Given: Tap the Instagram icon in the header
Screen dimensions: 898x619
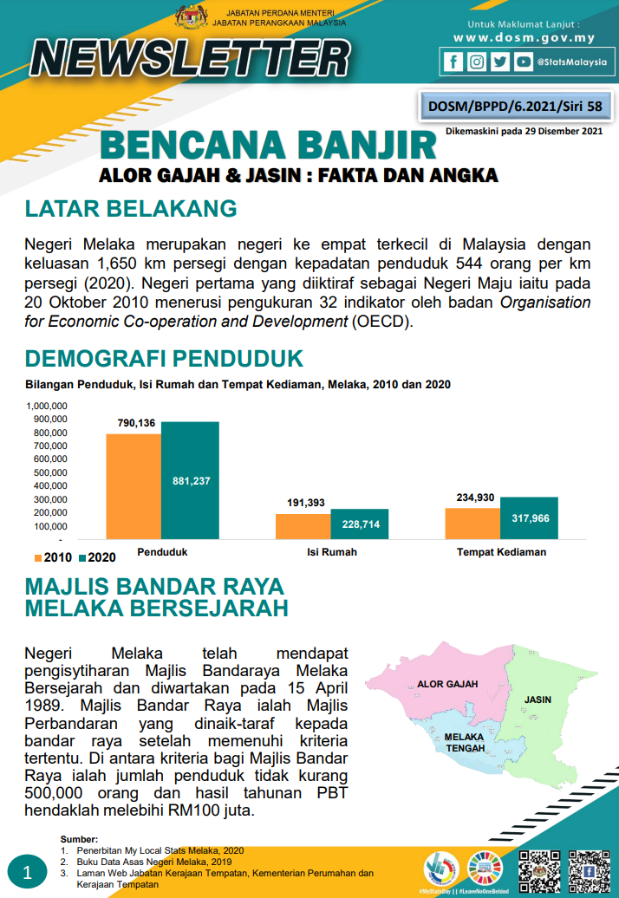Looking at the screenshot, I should click(x=476, y=62).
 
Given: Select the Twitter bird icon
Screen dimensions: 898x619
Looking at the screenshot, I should click(x=499, y=62).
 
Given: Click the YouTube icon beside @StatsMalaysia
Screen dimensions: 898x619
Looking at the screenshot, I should click(x=523, y=62).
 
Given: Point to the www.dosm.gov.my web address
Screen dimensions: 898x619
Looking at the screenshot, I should click(x=524, y=37).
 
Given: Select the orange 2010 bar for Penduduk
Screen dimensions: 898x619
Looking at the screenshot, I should click(x=134, y=486).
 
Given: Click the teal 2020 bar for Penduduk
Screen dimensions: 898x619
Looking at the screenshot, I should click(x=190, y=480).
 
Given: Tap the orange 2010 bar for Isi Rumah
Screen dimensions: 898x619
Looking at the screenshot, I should click(x=303, y=526).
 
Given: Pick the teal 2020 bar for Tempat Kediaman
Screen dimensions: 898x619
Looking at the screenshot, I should click(x=529, y=517).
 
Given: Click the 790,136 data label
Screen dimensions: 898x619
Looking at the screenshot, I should click(x=136, y=423).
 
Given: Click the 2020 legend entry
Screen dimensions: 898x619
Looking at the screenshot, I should click(x=97, y=556).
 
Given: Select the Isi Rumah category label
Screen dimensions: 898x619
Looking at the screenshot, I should click(x=332, y=552).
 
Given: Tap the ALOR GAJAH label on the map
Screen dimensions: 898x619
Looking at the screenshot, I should click(x=447, y=684).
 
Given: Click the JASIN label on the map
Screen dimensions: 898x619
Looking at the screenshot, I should click(x=538, y=699).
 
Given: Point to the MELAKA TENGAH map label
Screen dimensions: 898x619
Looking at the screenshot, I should click(x=464, y=743).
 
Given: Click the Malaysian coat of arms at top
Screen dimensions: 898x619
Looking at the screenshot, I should click(x=192, y=16).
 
